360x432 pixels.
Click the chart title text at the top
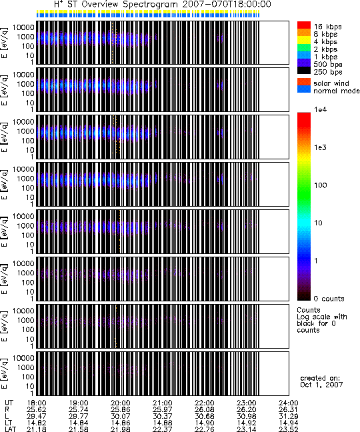(163, 4)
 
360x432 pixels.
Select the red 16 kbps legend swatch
(304, 25)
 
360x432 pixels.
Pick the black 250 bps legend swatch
(304, 71)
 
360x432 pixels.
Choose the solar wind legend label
(331, 83)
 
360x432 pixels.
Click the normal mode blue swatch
(304, 89)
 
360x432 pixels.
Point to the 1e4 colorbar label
(321, 109)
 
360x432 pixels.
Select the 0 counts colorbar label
(329, 299)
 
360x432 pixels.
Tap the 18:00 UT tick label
(37, 403)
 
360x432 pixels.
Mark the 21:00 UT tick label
(163, 403)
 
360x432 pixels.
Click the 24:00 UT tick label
(289, 403)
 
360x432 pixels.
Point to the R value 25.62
(37, 410)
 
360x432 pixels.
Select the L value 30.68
(205, 416)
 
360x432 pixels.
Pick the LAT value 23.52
(289, 429)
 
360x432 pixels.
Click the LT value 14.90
(205, 423)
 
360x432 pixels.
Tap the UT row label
(9, 403)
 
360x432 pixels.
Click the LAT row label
(11, 429)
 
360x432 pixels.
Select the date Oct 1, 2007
(321, 385)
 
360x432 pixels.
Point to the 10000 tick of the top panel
(23, 27)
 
